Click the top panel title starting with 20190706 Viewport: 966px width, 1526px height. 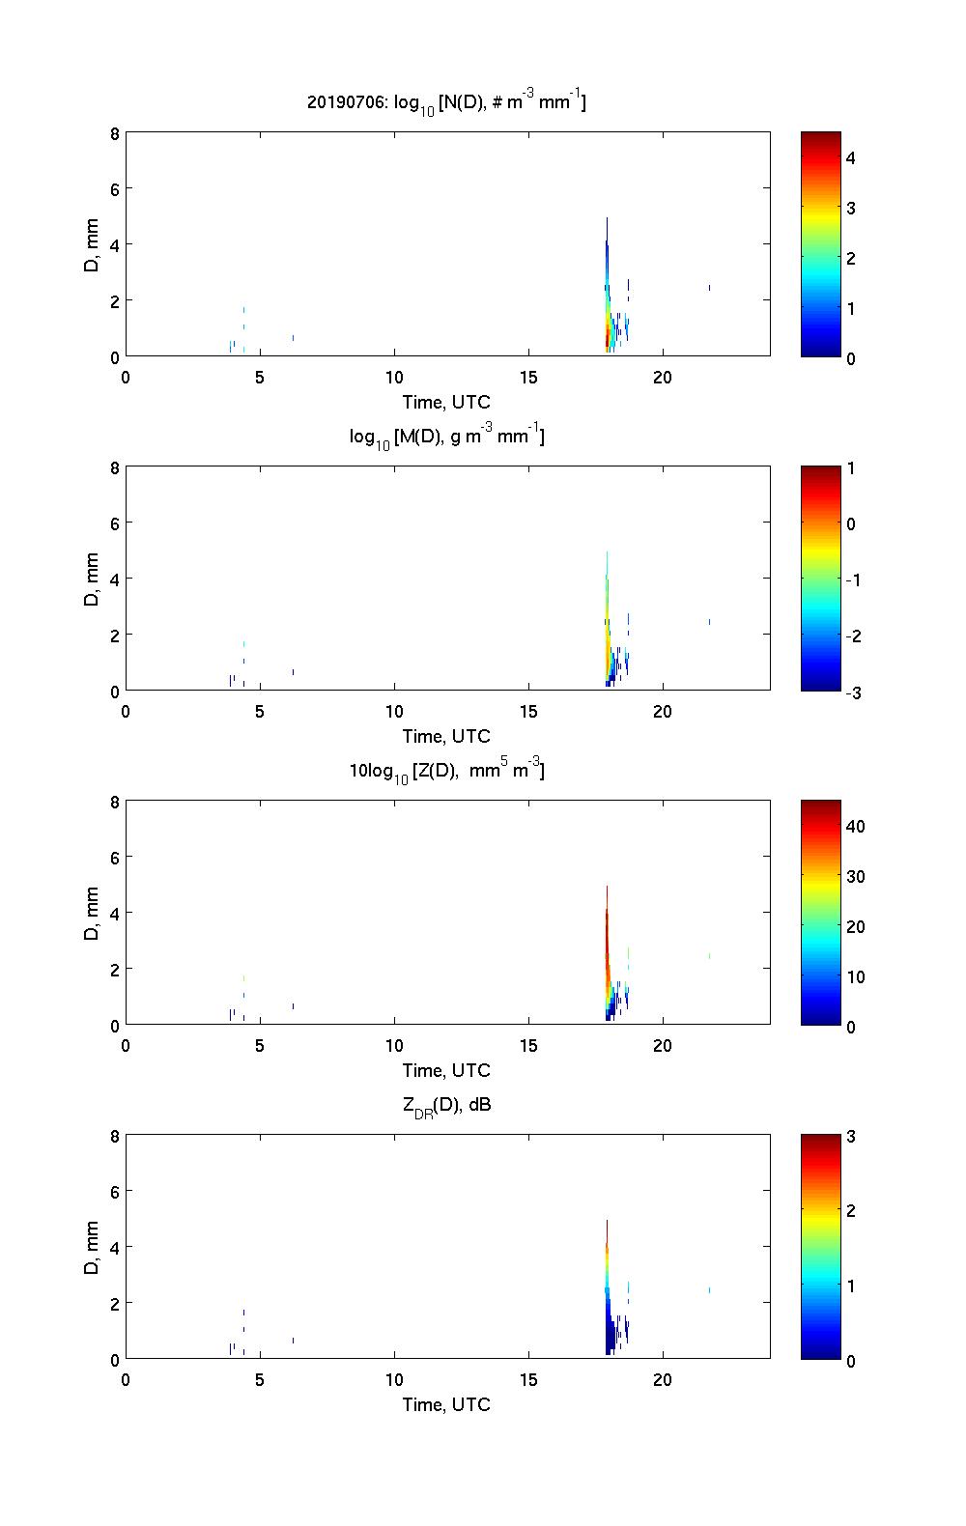446,101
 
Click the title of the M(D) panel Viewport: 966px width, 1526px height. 446,437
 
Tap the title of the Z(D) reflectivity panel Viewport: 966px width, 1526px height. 446,771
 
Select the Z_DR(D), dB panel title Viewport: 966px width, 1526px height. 446,1105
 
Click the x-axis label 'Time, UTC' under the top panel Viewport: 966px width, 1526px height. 446,402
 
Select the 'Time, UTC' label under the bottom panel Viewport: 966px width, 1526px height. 446,1404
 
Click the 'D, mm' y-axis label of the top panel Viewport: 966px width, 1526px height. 93,245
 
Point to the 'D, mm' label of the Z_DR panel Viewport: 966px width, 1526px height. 93,1248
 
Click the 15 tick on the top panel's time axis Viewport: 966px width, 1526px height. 528,378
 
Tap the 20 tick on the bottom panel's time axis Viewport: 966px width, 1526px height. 663,1380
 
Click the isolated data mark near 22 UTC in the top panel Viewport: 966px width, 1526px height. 709,287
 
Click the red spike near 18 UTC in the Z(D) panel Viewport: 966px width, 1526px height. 607,927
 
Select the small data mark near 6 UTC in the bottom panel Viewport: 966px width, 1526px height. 293,1341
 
